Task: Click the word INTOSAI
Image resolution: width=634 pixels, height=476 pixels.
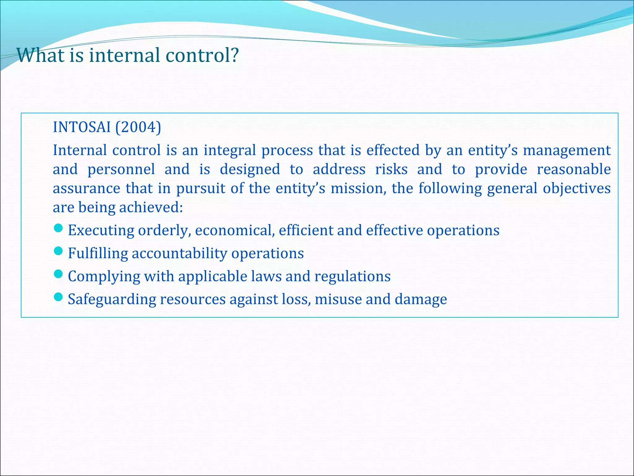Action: click(x=82, y=127)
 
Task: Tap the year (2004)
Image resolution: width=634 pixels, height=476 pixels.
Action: click(x=138, y=127)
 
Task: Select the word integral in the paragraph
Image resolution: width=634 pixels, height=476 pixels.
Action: click(x=230, y=151)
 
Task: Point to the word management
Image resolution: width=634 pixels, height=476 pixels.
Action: click(x=567, y=151)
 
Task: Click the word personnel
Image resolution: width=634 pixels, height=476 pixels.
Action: click(x=121, y=170)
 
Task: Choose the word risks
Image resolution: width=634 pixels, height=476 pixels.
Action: click(x=391, y=170)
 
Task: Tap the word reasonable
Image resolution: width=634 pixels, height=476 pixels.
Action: click(x=573, y=170)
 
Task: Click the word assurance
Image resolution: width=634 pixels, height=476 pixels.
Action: click(x=86, y=189)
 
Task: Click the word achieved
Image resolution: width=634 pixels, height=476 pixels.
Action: click(x=151, y=208)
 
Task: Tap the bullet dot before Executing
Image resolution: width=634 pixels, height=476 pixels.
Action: click(x=58, y=228)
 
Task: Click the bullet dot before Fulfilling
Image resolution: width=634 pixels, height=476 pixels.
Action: click(x=58, y=251)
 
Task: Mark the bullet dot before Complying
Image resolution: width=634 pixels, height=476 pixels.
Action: click(x=58, y=274)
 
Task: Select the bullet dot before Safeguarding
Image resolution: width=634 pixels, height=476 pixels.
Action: click(x=58, y=297)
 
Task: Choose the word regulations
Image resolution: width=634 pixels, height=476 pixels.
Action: click(x=352, y=276)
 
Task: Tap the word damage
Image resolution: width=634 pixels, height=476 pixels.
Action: click(x=421, y=299)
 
